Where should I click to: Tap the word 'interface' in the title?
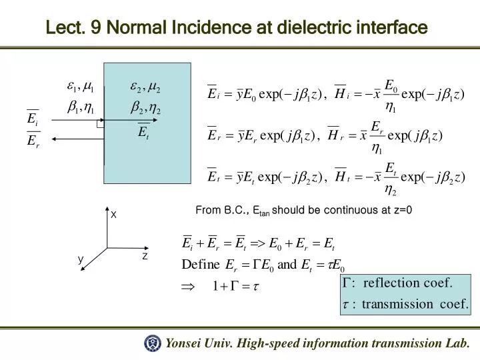click(394, 29)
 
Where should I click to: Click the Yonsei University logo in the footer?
click(153, 343)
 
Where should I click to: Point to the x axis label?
click(113, 215)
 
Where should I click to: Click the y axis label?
click(80, 259)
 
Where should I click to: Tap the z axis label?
click(145, 256)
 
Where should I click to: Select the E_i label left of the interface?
click(32, 119)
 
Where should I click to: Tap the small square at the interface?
click(100, 124)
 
